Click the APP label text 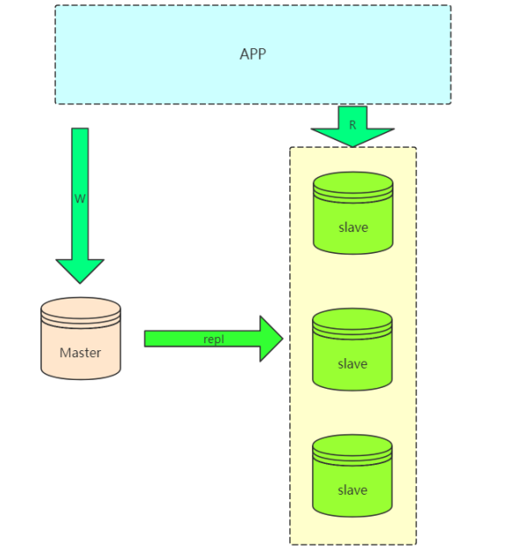pyautogui.click(x=252, y=54)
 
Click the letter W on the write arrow pyautogui.click(x=80, y=199)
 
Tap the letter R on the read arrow pyautogui.click(x=352, y=125)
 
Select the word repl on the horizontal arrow pyautogui.click(x=214, y=339)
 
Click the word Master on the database pyautogui.click(x=80, y=353)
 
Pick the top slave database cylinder pyautogui.click(x=352, y=215)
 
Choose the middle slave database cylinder pyautogui.click(x=352, y=350)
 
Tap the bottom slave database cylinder pyautogui.click(x=352, y=477)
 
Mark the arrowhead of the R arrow pyautogui.click(x=352, y=137)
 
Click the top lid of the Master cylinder pyautogui.click(x=80, y=309)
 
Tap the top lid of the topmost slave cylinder pyautogui.click(x=352, y=183)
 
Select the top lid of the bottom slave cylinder pyautogui.click(x=352, y=446)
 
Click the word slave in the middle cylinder pyautogui.click(x=352, y=363)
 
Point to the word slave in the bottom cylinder pyautogui.click(x=352, y=490)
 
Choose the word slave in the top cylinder pyautogui.click(x=352, y=228)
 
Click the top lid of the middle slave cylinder pyautogui.click(x=352, y=320)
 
